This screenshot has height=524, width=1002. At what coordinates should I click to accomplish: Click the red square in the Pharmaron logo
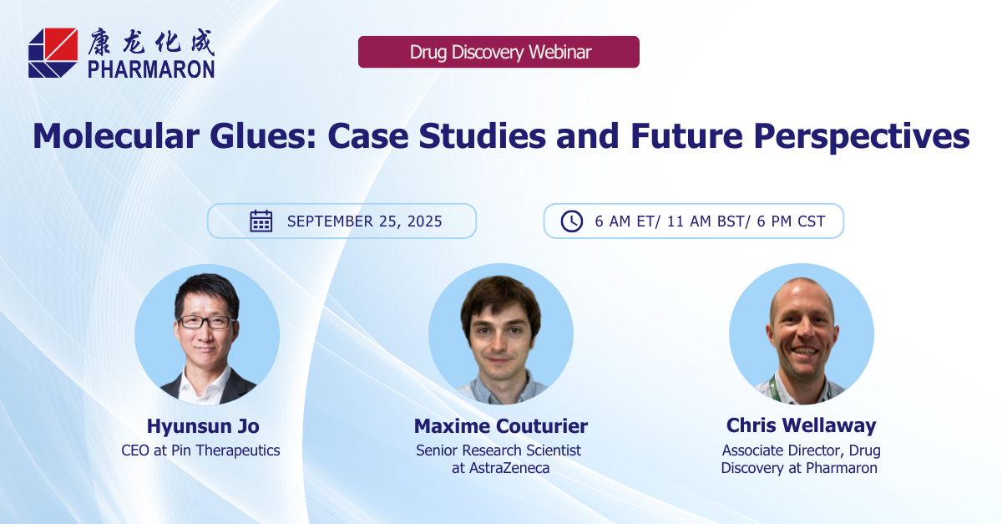coord(61,44)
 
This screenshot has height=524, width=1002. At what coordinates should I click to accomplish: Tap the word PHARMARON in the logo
coord(151,69)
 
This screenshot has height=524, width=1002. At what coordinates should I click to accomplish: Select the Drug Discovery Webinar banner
coord(498,52)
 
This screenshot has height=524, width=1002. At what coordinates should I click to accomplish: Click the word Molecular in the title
coord(116,136)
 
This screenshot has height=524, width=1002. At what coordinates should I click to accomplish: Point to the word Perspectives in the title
coord(862,137)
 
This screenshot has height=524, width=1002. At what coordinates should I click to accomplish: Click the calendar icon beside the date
coord(261,221)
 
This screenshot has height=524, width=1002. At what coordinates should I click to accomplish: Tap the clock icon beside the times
coord(572,221)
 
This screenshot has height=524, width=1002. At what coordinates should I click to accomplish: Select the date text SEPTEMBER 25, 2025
coord(365,221)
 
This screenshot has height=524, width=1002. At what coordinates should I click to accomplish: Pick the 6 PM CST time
coord(791,221)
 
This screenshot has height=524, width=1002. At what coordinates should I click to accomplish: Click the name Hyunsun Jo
coord(203,426)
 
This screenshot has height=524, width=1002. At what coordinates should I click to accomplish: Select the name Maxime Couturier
coord(500,426)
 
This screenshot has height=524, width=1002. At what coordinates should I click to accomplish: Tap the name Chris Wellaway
coord(801,425)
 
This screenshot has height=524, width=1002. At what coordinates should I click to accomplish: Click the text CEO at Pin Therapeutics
coord(200,450)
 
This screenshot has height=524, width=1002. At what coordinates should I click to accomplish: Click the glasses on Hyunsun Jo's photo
coord(206,322)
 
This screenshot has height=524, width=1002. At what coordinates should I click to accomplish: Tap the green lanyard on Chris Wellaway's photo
coord(772,388)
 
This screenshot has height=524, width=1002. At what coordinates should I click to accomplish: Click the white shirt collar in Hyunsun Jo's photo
coord(205,382)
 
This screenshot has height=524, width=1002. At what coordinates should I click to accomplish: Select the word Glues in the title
coord(263,136)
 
